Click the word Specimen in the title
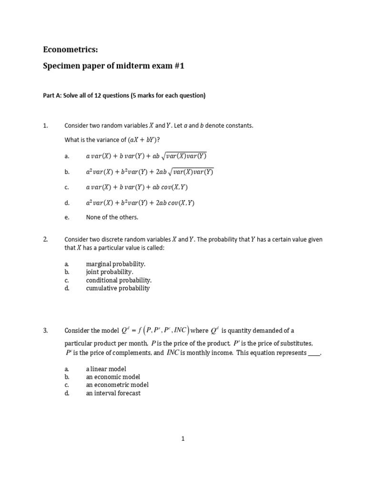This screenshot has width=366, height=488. click(62, 67)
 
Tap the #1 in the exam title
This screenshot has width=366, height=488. click(177, 67)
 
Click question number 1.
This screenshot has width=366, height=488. click(46, 126)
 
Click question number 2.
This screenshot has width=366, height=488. click(46, 240)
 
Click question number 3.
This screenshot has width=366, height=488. click(46, 331)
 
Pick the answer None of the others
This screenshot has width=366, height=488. click(112, 217)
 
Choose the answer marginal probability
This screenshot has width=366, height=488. click(116, 264)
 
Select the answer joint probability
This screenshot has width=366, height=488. click(110, 272)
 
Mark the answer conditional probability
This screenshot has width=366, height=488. click(119, 280)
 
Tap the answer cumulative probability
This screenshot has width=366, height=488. click(118, 288)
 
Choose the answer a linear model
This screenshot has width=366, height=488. click(106, 369)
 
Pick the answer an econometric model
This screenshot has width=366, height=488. click(117, 385)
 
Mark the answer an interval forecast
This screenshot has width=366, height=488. click(113, 393)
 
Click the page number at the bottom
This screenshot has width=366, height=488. click(183, 439)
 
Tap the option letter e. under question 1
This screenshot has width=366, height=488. click(67, 217)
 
